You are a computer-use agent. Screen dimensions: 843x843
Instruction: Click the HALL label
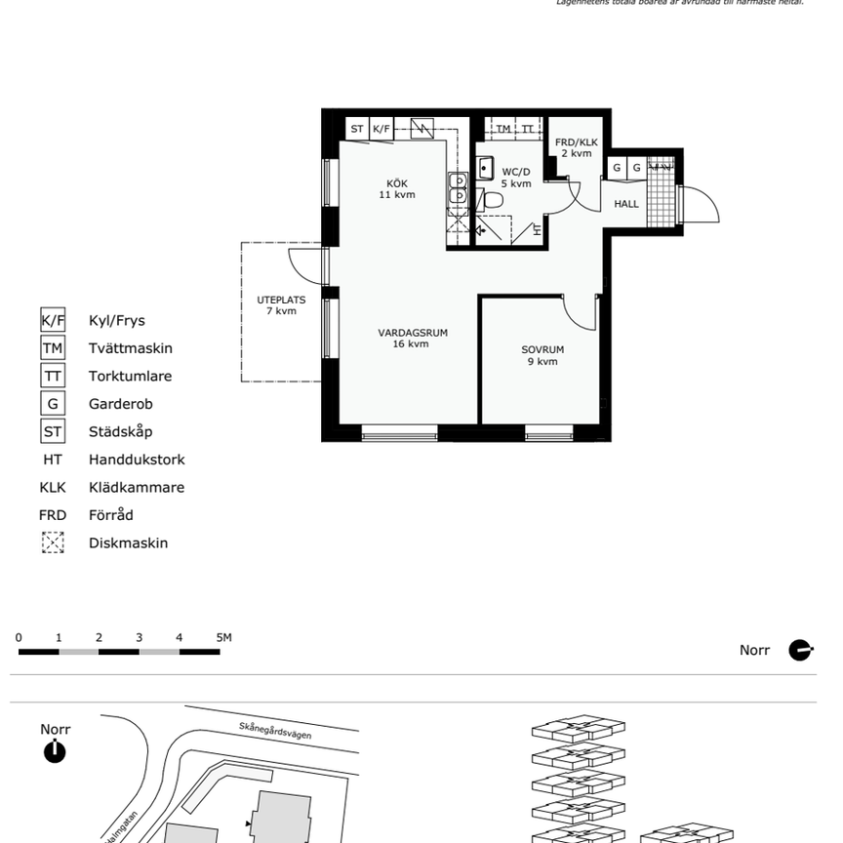(x=626, y=204)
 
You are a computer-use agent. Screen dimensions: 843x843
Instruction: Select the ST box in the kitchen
(x=357, y=129)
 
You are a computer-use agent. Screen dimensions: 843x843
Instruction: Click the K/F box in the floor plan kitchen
(x=381, y=129)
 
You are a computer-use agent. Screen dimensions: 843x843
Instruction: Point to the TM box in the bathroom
(x=503, y=129)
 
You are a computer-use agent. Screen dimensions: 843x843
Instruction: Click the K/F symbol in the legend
(x=53, y=320)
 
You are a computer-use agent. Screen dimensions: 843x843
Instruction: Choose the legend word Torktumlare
(x=130, y=376)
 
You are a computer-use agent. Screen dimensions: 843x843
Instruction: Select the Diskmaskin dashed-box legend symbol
(x=53, y=542)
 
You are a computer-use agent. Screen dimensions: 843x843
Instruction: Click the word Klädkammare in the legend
(x=137, y=487)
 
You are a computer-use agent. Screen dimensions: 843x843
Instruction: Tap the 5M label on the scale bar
(x=224, y=638)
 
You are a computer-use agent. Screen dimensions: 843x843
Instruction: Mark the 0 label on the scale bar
(x=19, y=638)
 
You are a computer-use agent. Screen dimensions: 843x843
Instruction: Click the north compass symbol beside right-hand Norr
(x=800, y=650)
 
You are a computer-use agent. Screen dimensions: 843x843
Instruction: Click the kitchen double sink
(x=457, y=188)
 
